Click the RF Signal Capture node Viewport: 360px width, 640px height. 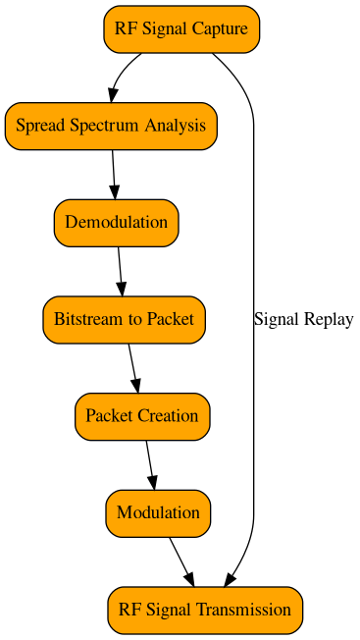tap(181, 28)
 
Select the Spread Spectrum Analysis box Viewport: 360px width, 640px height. tap(111, 126)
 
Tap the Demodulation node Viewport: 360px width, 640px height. tap(116, 222)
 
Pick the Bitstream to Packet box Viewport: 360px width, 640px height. tap(124, 319)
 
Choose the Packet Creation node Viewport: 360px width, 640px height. tap(141, 415)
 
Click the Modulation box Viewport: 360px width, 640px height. tap(158, 512)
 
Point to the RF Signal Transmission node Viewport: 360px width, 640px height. tap(205, 610)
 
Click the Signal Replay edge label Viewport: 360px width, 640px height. tap(303, 319)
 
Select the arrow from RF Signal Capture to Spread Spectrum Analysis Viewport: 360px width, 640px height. tap(122, 74)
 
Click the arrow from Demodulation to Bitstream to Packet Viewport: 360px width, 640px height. tap(120, 270)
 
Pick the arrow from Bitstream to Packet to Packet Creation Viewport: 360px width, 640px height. tap(133, 367)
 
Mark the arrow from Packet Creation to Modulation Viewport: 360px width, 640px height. tap(150, 464)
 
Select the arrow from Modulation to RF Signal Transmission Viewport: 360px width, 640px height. tap(180, 560)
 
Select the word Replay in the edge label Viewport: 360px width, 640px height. tap(330, 319)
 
